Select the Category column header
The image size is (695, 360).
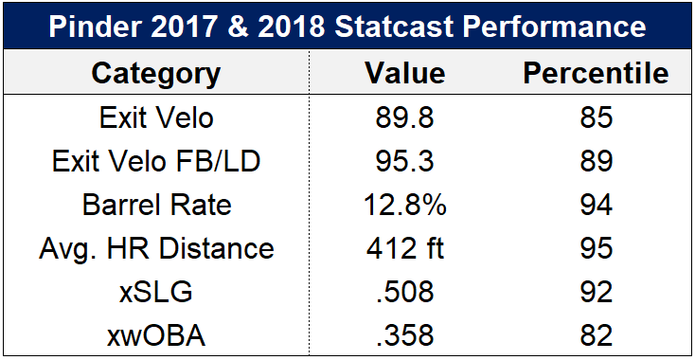pyautogui.click(x=155, y=72)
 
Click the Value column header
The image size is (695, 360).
pyautogui.click(x=405, y=72)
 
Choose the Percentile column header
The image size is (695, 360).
pyautogui.click(x=596, y=72)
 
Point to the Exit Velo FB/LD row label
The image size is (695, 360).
pyautogui.click(x=155, y=161)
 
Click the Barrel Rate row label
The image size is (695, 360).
pyautogui.click(x=156, y=206)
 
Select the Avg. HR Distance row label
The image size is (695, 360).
pyautogui.click(x=156, y=249)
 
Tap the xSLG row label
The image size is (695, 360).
pyautogui.click(x=155, y=292)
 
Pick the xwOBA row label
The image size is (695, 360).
pyautogui.click(x=156, y=335)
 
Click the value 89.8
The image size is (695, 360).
pyautogui.click(x=404, y=117)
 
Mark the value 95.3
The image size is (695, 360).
pyautogui.click(x=404, y=161)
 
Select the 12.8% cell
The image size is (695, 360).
pyautogui.click(x=404, y=206)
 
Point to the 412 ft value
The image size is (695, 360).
pyautogui.click(x=404, y=249)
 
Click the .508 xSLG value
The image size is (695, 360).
pyautogui.click(x=404, y=292)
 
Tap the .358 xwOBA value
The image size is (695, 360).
pyautogui.click(x=404, y=335)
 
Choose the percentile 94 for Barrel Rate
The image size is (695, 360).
pyautogui.click(x=597, y=206)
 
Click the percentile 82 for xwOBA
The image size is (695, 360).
pyautogui.click(x=597, y=335)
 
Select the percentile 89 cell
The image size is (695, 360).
pyautogui.click(x=597, y=161)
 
